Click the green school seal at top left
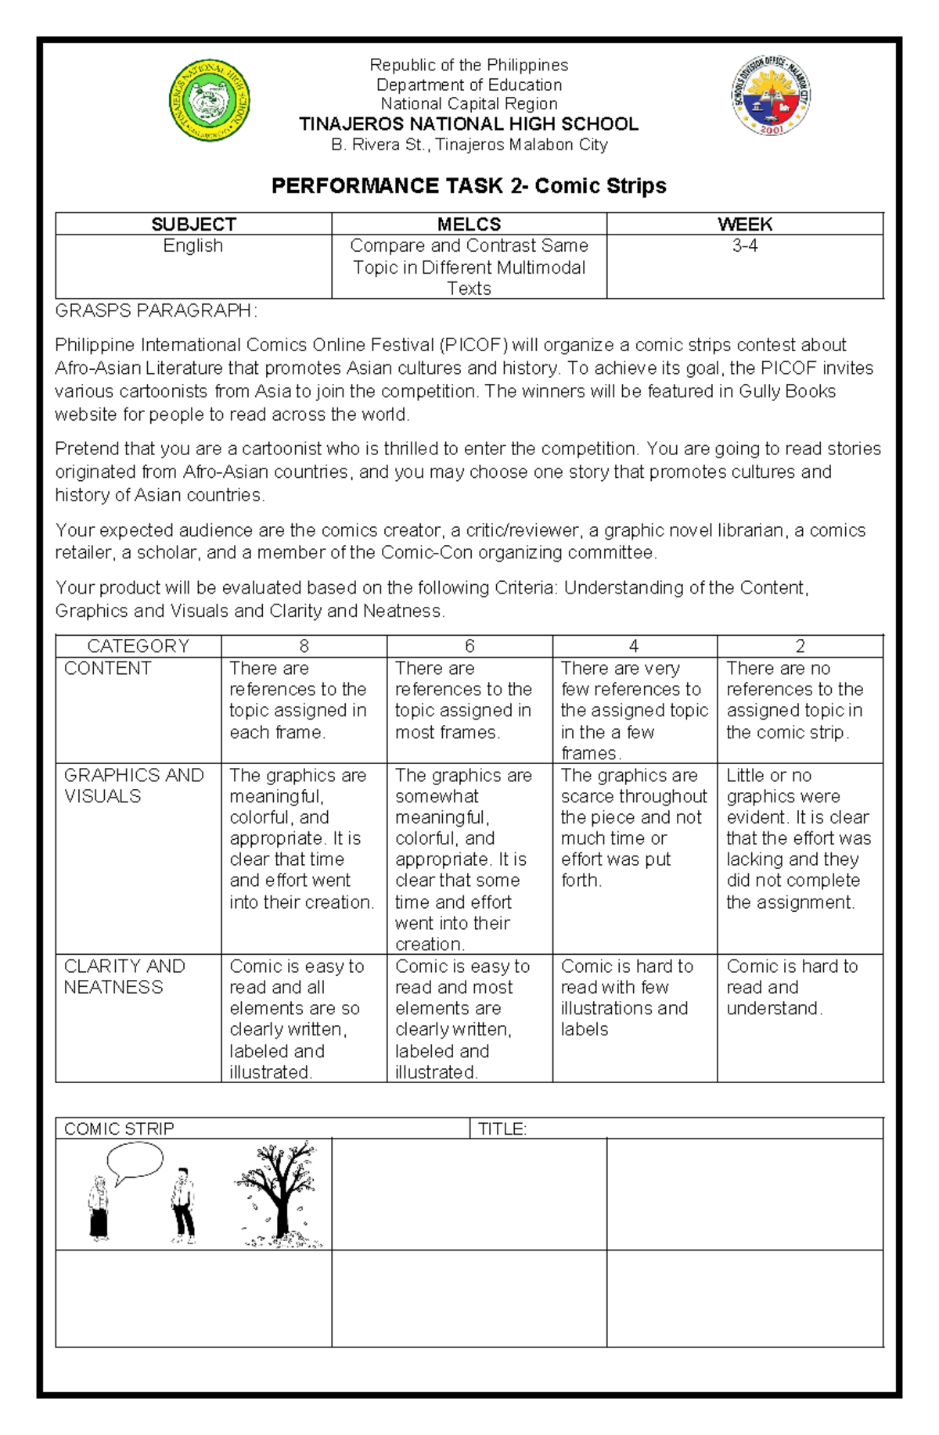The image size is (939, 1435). [210, 101]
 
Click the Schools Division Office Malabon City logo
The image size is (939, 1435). [770, 95]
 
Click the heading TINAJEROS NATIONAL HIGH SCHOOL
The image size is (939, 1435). [469, 124]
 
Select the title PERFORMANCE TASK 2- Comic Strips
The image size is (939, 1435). [469, 186]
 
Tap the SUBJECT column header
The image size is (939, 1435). [193, 224]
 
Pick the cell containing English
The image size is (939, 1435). [193, 246]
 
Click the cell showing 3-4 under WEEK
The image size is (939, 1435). [744, 246]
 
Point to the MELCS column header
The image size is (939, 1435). [469, 224]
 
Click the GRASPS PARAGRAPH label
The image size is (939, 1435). [155, 310]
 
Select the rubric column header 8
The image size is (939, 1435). [304, 646]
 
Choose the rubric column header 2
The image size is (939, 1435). [800, 646]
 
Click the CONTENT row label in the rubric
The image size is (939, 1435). [107, 669]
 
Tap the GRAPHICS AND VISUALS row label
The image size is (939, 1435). [133, 785]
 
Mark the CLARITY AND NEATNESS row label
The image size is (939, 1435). [124, 976]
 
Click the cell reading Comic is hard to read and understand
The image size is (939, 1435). [792, 987]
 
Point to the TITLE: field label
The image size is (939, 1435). [502, 1128]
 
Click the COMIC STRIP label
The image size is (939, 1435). [119, 1128]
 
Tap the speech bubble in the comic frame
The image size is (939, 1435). [135, 1162]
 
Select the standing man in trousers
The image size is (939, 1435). [182, 1205]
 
